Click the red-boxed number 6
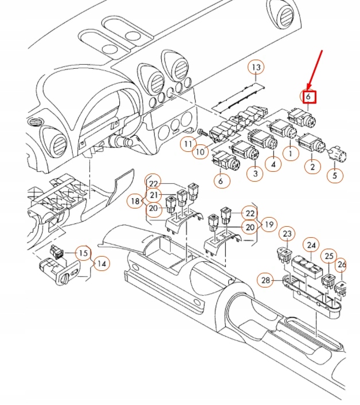[309, 97]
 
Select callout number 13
[256, 68]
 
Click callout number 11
[187, 144]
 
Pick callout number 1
[291, 153]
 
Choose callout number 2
[312, 167]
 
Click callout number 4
[273, 164]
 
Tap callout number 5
[335, 175]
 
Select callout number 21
[153, 195]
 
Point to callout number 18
[135, 201]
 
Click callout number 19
[268, 223]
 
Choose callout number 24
[312, 245]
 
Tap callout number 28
[265, 280]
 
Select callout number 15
[84, 253]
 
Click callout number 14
[101, 264]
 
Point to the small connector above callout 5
[336, 153]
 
